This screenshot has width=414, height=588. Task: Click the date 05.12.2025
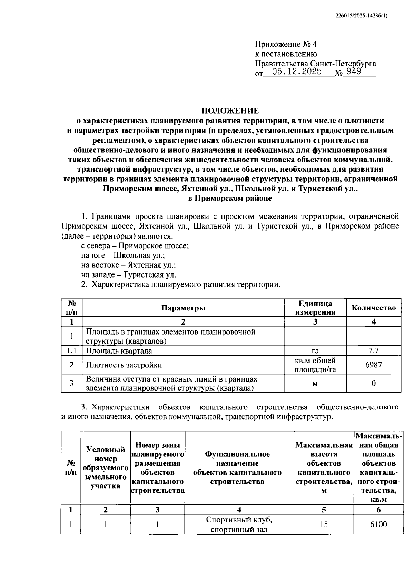[297, 72]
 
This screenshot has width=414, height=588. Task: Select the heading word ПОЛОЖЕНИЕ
[230, 111]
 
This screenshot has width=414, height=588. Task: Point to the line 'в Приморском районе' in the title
[230, 199]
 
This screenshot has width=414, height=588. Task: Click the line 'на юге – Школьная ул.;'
[123, 256]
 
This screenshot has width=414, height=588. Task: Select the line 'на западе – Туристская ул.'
[128, 275]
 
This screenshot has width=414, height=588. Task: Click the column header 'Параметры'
[183, 308]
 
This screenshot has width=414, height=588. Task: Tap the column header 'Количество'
[374, 308]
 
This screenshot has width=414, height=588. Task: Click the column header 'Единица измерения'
[315, 308]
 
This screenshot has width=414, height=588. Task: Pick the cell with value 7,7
[374, 351]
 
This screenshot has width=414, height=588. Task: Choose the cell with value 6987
[374, 365]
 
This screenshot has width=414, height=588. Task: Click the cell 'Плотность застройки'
[124, 365]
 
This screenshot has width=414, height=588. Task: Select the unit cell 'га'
[315, 351]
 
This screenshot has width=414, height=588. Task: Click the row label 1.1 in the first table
[71, 351]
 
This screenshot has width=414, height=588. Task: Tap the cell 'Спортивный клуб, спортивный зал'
[239, 524]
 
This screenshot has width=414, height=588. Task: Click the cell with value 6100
[378, 524]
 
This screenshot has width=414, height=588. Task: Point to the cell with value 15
[324, 524]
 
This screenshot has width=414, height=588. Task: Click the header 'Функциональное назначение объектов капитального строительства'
[239, 468]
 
